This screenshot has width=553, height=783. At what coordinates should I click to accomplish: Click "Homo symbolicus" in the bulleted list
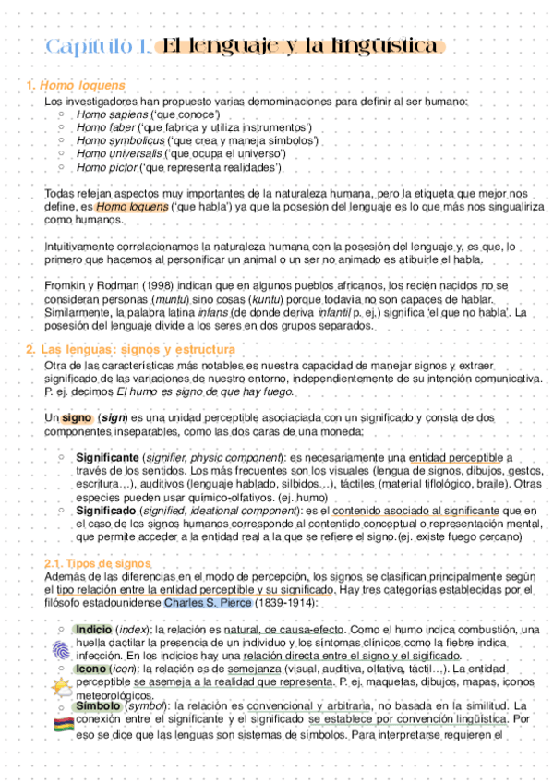point(113,140)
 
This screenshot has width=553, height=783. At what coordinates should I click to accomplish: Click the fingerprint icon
point(61,648)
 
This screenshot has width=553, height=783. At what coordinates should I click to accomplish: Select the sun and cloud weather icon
point(61,687)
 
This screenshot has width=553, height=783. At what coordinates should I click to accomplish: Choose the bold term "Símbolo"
point(98,706)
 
